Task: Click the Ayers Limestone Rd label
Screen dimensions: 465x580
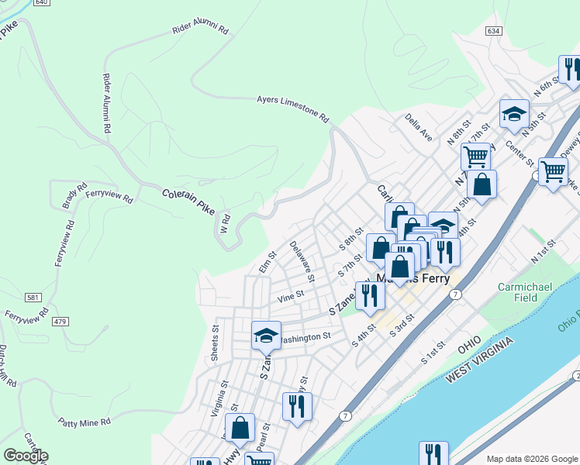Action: point(293,109)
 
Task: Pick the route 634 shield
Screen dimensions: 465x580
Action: point(493,30)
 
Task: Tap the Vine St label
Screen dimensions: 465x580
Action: point(290,296)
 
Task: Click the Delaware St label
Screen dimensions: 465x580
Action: point(302,260)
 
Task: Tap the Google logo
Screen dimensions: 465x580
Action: point(25,456)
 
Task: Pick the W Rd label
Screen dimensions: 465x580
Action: point(226,225)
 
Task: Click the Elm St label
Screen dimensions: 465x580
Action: point(267,263)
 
